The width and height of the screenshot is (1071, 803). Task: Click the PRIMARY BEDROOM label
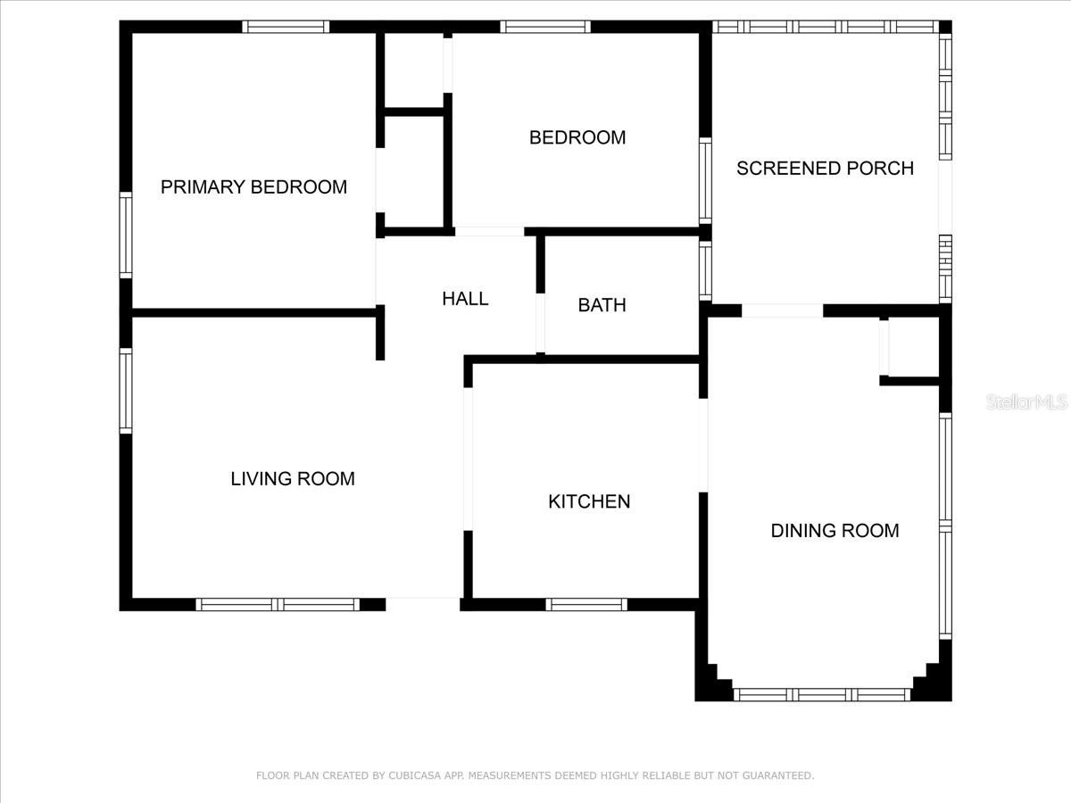point(253,187)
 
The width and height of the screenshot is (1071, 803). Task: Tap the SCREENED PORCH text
point(825,169)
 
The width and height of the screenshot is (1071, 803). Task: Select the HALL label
point(465,299)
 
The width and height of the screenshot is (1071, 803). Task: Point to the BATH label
point(602,305)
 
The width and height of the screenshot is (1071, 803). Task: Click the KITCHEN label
point(589,501)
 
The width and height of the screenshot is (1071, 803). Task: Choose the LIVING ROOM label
point(293,479)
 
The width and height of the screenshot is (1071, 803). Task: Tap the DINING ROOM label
point(834,531)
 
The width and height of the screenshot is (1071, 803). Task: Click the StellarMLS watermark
point(1026,402)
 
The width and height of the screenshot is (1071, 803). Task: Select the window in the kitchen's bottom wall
point(586,605)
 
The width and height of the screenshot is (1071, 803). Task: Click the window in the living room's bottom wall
point(278,605)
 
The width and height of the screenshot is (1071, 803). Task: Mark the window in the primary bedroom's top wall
point(286,27)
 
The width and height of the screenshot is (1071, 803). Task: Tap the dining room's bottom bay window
point(821,694)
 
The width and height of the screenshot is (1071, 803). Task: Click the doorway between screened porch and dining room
point(782,310)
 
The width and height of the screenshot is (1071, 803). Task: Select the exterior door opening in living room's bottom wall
point(423,604)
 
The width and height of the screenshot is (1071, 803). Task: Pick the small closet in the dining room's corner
point(910,348)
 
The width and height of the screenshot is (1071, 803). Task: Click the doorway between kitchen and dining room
point(703,444)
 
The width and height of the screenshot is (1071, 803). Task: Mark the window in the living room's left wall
point(126,391)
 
